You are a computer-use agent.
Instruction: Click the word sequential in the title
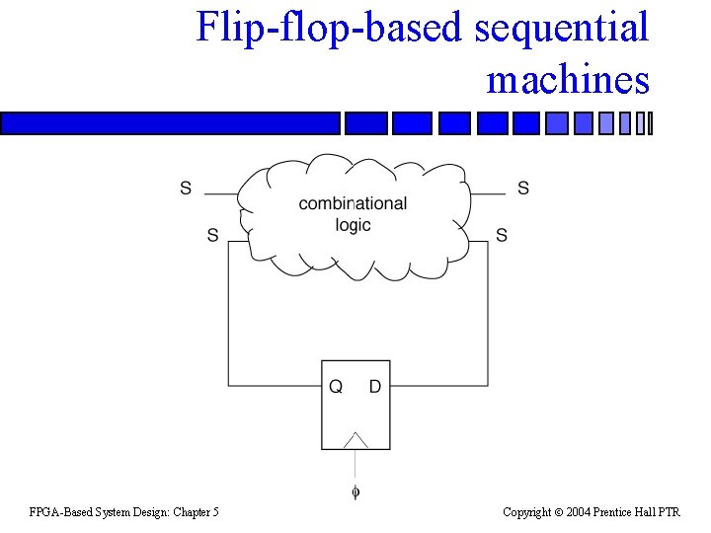(x=561, y=28)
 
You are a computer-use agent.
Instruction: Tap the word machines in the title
(x=568, y=79)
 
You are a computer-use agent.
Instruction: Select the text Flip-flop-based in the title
(x=331, y=28)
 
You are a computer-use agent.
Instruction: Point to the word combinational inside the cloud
(x=353, y=203)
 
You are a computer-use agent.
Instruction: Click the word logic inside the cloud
(x=353, y=225)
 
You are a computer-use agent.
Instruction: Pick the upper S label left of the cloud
(x=186, y=189)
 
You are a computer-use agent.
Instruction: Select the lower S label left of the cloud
(x=212, y=235)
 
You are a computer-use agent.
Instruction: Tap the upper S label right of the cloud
(x=523, y=188)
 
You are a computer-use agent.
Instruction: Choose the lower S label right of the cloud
(x=502, y=235)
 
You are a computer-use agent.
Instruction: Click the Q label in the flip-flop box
(x=336, y=387)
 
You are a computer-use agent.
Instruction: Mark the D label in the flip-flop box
(x=374, y=387)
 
